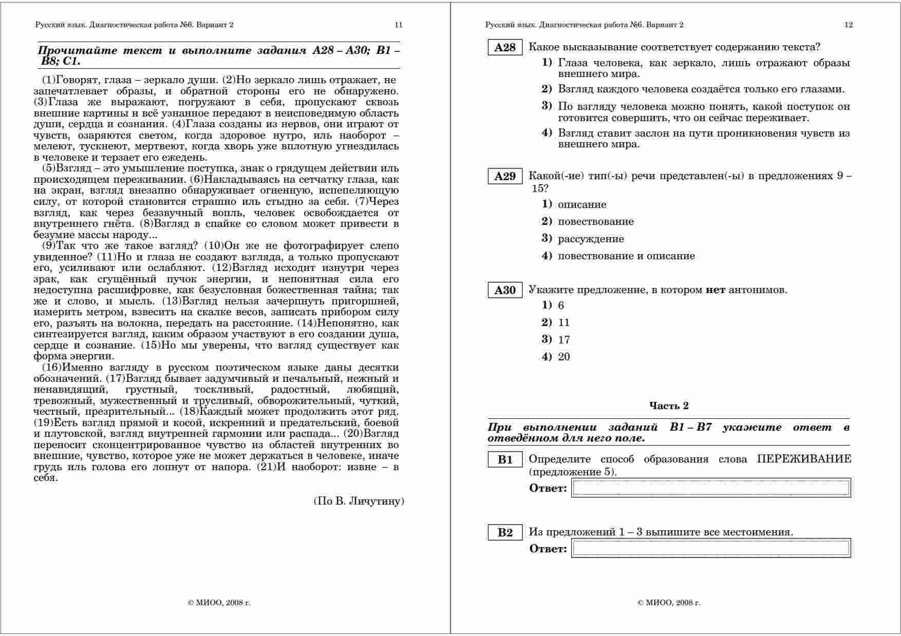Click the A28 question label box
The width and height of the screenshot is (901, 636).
[504, 48]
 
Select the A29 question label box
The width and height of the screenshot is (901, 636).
[504, 177]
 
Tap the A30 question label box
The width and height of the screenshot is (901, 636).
[504, 291]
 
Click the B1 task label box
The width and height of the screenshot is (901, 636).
[504, 460]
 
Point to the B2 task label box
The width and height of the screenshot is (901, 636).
[504, 533]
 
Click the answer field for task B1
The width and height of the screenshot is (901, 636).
[711, 488]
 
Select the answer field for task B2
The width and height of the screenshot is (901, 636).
[711, 548]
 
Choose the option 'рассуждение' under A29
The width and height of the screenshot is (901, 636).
[591, 239]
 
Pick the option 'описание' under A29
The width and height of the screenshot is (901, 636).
[582, 205]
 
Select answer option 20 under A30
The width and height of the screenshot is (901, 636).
[564, 357]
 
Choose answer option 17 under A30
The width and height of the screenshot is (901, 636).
[564, 340]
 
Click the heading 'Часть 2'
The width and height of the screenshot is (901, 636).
[669, 406]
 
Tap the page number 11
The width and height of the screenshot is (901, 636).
[399, 25]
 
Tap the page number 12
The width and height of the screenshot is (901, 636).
[849, 25]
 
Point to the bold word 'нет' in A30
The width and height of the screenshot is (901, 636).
[715, 290]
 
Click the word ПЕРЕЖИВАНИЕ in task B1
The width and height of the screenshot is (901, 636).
[804, 459]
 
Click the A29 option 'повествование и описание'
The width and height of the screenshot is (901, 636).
[626, 256]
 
